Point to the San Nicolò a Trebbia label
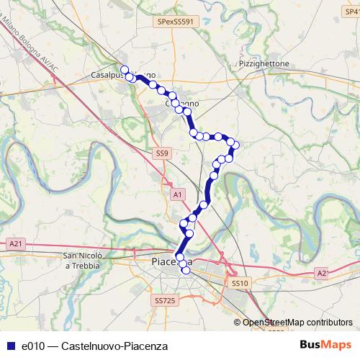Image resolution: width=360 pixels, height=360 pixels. coord(86,261)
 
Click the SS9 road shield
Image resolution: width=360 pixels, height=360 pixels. coord(162,153)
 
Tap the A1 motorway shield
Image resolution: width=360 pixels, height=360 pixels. coord(177,194)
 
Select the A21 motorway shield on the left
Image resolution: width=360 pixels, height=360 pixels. coord(16,244)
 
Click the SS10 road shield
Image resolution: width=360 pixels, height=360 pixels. coord(240,284)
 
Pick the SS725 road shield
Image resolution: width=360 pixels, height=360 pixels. coord(164,300)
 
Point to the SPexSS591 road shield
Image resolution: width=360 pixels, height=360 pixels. coord(176,22)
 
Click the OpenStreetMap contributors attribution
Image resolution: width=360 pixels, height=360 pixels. coord(297,323)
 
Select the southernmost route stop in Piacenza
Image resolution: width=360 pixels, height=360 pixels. coord(186,271)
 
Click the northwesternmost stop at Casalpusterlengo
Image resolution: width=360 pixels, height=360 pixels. coord(124,70)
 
